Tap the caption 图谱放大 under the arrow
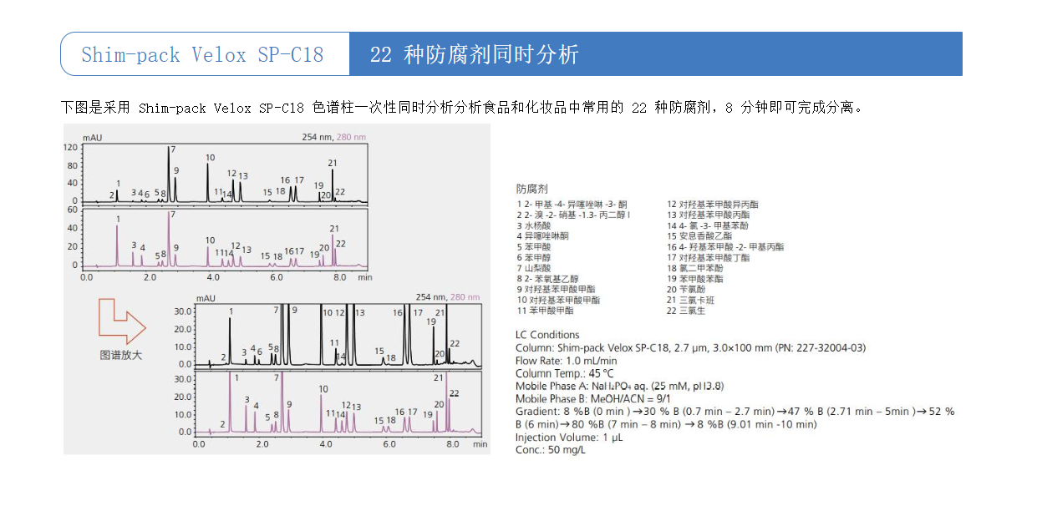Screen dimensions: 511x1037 121,355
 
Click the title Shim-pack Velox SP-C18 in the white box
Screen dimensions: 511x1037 202,55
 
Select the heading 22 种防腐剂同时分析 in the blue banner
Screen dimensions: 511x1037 474,55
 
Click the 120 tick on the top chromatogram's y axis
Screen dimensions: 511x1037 71,148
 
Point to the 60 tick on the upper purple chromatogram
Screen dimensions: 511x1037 73,210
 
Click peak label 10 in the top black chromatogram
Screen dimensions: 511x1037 210,157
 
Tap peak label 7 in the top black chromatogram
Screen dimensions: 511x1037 172,149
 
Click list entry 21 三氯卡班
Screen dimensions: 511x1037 688,300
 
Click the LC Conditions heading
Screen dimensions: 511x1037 547,335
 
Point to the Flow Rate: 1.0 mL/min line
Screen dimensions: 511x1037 566,361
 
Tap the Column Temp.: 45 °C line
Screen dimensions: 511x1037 564,373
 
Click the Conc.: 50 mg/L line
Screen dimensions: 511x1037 551,450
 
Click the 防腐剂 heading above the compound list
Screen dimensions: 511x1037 532,190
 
